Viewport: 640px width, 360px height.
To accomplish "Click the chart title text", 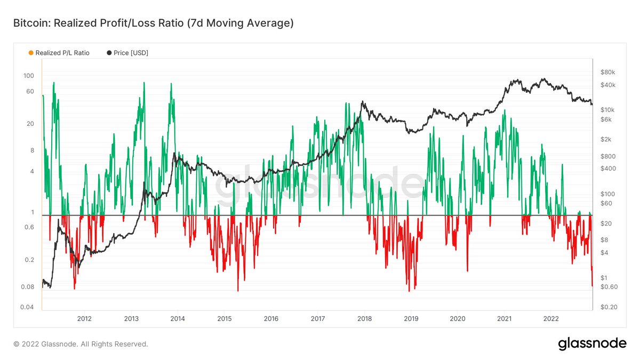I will click(153, 23).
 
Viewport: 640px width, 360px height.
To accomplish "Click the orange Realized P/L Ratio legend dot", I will click(31, 53).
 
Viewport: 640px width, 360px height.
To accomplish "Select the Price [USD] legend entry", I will click(127, 53).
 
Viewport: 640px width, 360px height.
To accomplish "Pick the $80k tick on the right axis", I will click(608, 72).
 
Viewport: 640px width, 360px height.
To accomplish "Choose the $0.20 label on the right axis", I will click(609, 308).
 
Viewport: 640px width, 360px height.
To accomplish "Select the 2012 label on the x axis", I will click(84, 319).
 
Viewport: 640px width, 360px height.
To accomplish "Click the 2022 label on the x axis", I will click(550, 319).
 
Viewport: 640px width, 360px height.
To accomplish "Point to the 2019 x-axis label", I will click(411, 319).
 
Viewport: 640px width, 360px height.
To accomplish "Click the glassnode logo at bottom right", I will click(592, 344).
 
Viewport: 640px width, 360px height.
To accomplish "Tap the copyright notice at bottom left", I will click(81, 345).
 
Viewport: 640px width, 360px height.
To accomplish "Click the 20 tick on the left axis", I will click(30, 124).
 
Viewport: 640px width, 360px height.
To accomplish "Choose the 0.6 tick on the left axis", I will click(29, 227).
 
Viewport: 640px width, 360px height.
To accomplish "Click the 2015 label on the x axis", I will click(224, 319).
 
